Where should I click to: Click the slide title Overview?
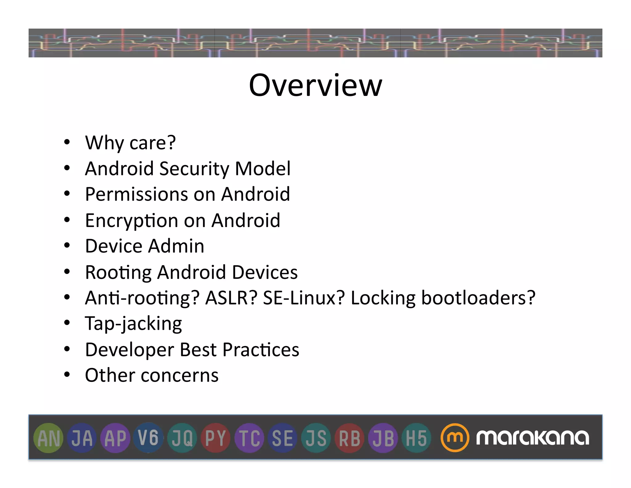(x=315, y=85)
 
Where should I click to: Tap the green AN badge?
(x=48, y=438)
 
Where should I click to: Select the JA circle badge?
(x=82, y=438)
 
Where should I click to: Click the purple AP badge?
(x=116, y=438)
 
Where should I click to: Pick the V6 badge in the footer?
(x=149, y=438)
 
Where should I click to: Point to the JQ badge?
(x=182, y=438)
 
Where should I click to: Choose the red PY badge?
(x=216, y=438)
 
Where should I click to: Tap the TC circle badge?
(x=249, y=438)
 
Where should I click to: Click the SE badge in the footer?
(x=283, y=438)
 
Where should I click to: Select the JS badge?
(x=316, y=438)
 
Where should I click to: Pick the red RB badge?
(x=350, y=438)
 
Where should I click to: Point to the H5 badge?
(x=416, y=438)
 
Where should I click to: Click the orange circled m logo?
(x=454, y=438)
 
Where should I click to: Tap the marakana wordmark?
(x=532, y=438)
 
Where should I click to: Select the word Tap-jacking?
(x=133, y=324)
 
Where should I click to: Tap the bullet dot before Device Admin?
(x=67, y=246)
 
